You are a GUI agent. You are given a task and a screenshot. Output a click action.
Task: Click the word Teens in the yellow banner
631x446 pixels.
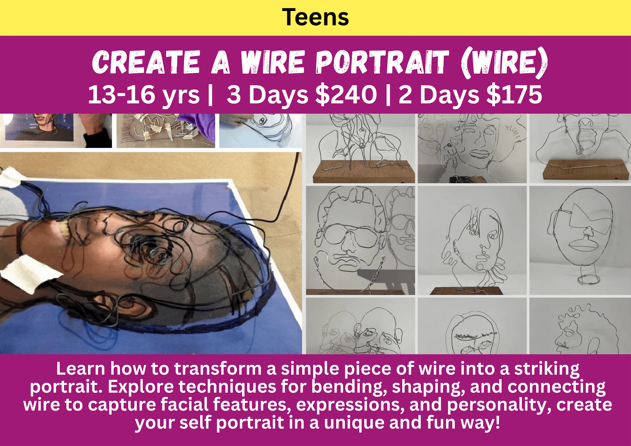click(315, 17)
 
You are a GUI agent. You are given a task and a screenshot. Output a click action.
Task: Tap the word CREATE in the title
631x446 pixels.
click(146, 62)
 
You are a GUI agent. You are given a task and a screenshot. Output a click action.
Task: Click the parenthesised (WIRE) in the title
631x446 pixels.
click(504, 63)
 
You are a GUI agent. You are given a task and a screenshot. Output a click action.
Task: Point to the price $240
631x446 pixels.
click(346, 95)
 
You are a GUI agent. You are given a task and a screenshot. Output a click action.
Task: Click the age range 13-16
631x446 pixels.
click(122, 95)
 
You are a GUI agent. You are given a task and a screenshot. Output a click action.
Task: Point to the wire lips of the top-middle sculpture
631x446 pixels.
click(480, 154)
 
